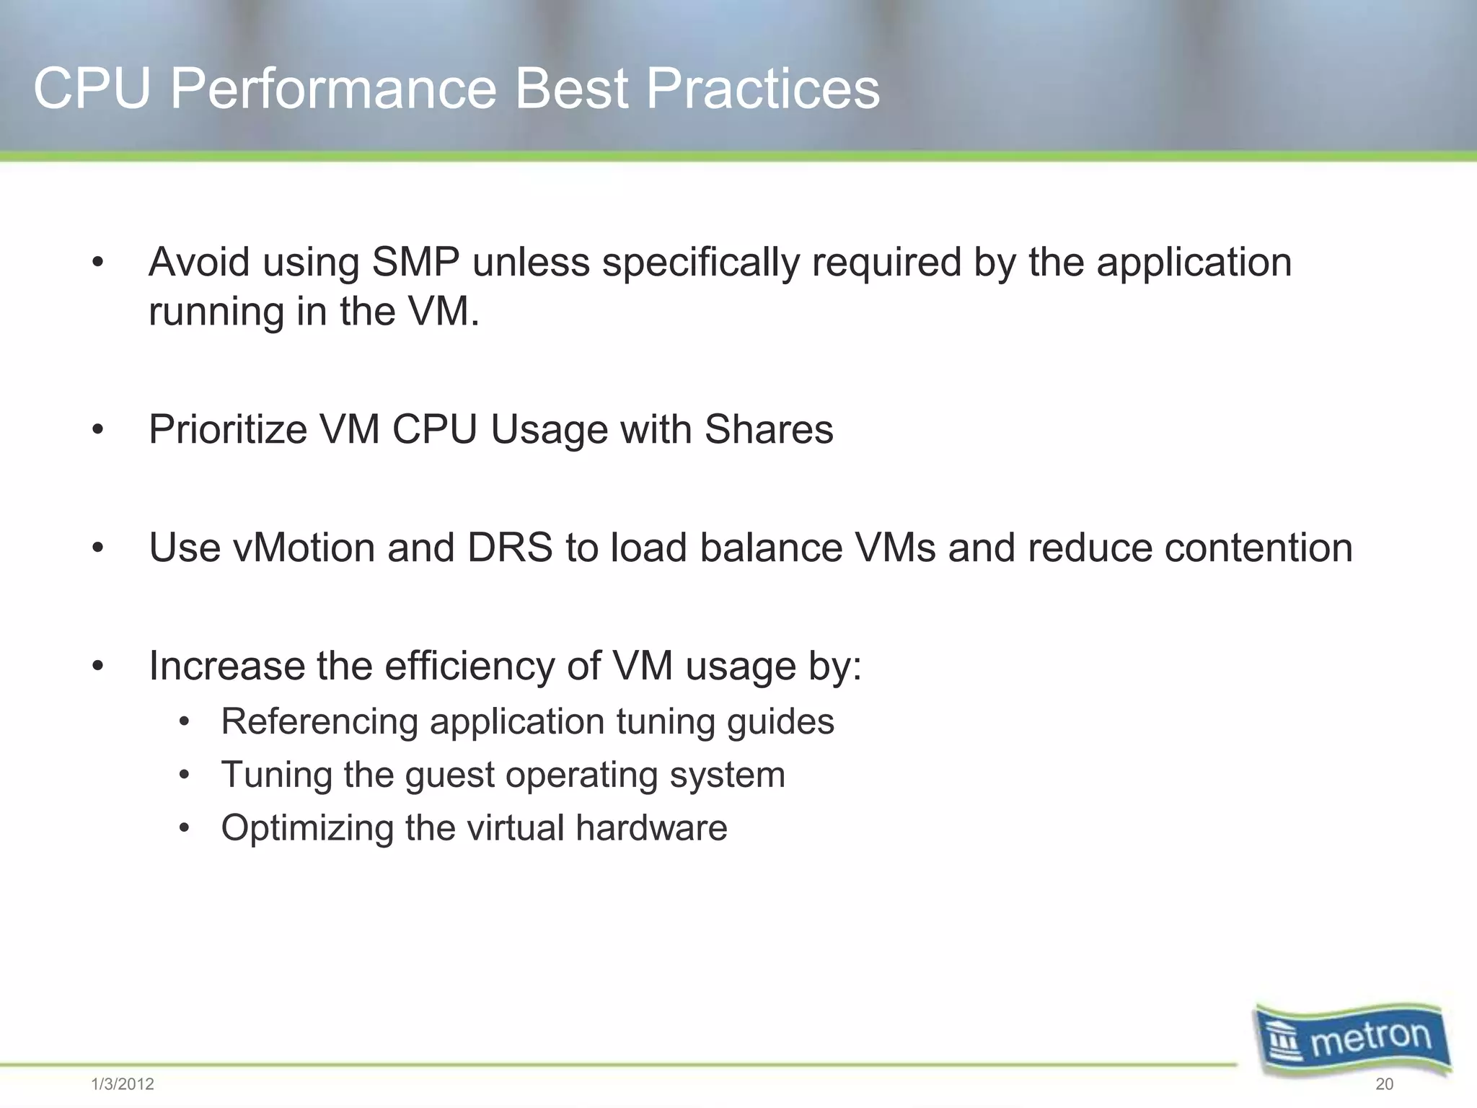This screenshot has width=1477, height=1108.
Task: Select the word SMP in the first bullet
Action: (x=415, y=262)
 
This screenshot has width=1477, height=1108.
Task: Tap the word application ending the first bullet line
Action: (x=1194, y=263)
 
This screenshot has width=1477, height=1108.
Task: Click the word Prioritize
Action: (x=228, y=429)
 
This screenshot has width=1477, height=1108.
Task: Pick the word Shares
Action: (x=768, y=429)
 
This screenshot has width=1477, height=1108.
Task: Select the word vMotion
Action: (x=304, y=548)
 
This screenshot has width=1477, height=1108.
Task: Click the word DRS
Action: (x=509, y=548)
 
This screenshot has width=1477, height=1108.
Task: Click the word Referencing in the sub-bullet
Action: (x=319, y=721)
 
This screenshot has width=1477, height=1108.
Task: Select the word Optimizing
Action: (x=307, y=828)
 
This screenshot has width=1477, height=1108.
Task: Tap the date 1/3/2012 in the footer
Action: (x=123, y=1084)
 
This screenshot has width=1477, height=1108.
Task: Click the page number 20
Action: (x=1384, y=1084)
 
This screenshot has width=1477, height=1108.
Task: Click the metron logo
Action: (x=1352, y=1039)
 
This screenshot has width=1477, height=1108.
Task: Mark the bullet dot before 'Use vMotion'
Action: (x=98, y=549)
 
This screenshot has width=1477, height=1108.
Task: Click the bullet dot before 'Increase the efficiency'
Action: (x=98, y=667)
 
